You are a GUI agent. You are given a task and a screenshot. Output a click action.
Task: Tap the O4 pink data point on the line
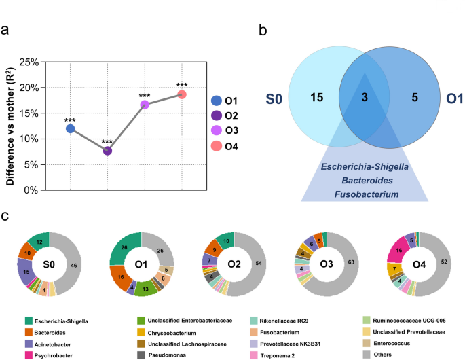point(182,94)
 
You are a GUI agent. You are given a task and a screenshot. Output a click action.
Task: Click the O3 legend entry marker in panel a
point(217,131)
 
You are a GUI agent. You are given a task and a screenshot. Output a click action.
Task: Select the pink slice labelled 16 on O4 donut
point(398,251)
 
